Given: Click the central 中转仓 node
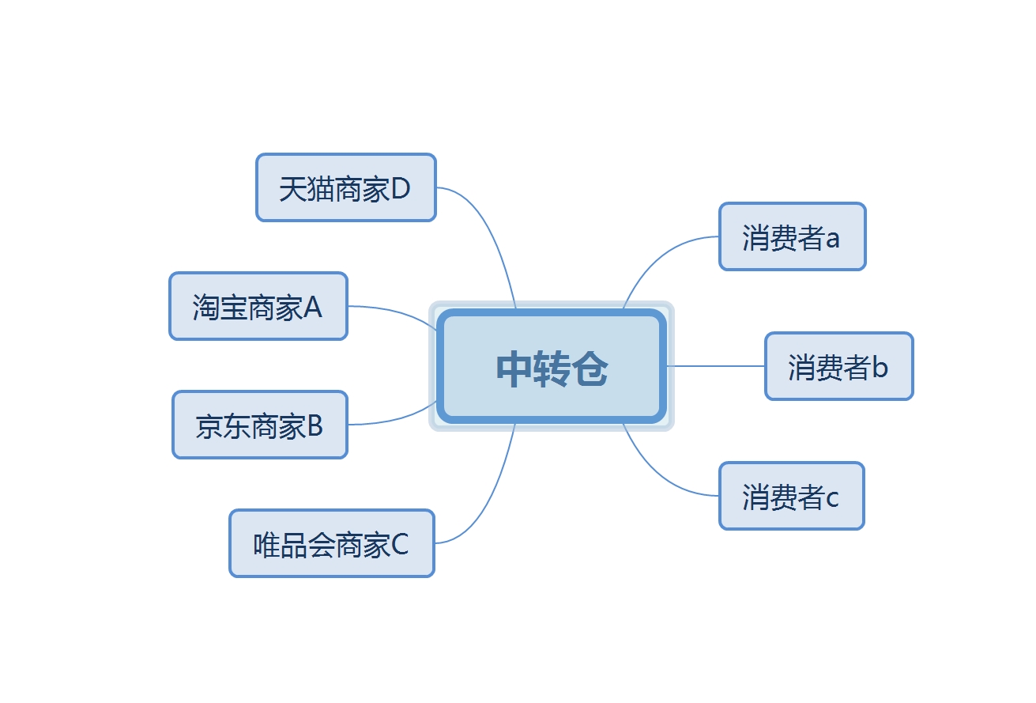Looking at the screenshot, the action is (x=552, y=366).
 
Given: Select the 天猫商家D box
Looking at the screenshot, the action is (x=346, y=187).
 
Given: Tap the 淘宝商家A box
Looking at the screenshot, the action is (x=258, y=306).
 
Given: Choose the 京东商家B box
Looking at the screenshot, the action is (x=260, y=425).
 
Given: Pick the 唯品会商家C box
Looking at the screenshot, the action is (x=332, y=543).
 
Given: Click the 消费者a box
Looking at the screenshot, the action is (x=793, y=236).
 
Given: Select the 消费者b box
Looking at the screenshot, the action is (x=839, y=366).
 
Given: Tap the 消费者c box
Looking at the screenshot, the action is (x=792, y=496).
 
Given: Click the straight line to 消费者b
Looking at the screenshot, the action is (x=715, y=366).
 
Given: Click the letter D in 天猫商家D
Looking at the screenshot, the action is (x=401, y=188).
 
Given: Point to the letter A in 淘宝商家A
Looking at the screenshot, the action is (x=312, y=307).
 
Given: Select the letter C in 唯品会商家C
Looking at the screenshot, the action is (x=400, y=544).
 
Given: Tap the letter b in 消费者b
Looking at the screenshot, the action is (x=880, y=368).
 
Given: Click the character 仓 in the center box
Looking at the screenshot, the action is (x=590, y=369).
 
